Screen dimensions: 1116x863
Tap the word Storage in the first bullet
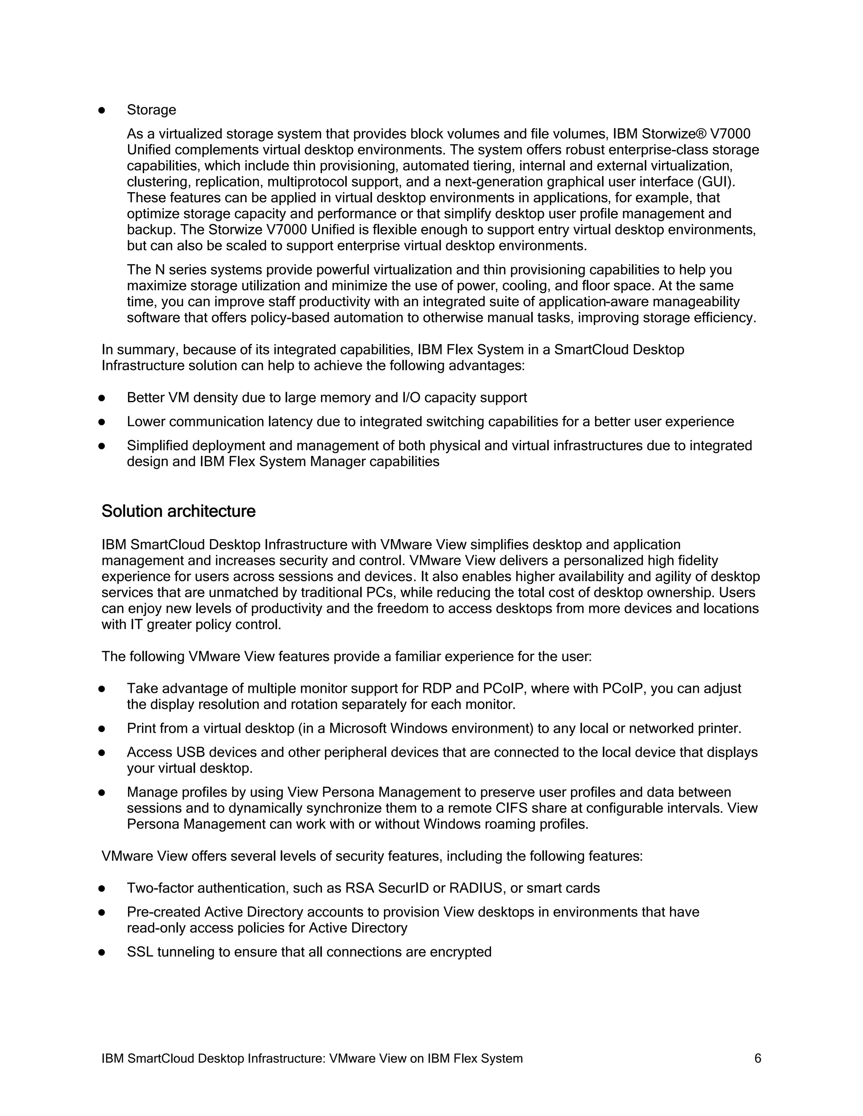click(151, 110)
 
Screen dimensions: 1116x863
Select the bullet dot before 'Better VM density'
click(102, 398)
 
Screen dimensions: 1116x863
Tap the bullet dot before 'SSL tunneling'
click(102, 952)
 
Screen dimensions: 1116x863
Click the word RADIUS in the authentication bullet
click(475, 888)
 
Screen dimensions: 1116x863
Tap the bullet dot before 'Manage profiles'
click(102, 792)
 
